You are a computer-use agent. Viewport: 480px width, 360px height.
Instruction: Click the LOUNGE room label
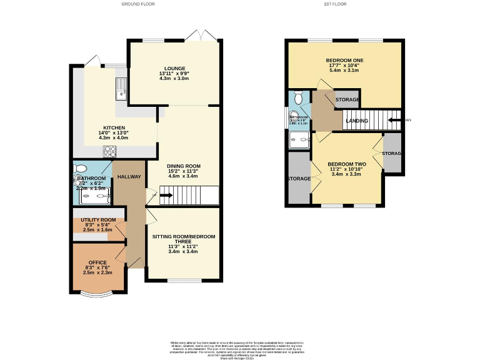pos(174,67)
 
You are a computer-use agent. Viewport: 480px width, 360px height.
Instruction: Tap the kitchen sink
pos(121,88)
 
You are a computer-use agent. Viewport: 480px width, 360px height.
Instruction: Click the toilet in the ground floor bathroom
pos(79,169)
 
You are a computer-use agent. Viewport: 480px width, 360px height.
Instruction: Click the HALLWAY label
pos(129,177)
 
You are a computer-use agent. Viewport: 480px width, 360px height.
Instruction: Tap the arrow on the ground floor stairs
pos(167,196)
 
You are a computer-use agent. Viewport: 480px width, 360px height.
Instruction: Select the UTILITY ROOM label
pos(98,220)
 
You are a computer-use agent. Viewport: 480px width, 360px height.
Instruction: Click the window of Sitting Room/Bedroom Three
pos(185,281)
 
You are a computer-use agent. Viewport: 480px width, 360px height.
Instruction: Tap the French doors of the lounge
pos(205,36)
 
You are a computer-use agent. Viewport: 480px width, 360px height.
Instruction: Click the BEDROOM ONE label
pos(346,60)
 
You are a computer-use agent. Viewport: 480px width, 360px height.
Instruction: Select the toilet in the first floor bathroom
pos(299,98)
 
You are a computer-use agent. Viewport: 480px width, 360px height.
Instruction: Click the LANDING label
pos(357,121)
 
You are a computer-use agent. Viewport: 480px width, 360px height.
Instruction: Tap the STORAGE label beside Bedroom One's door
pos(347,100)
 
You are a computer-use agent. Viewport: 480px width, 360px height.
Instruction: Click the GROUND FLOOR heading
pos(137,4)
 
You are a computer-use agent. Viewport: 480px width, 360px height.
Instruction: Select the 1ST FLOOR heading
pos(335,4)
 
